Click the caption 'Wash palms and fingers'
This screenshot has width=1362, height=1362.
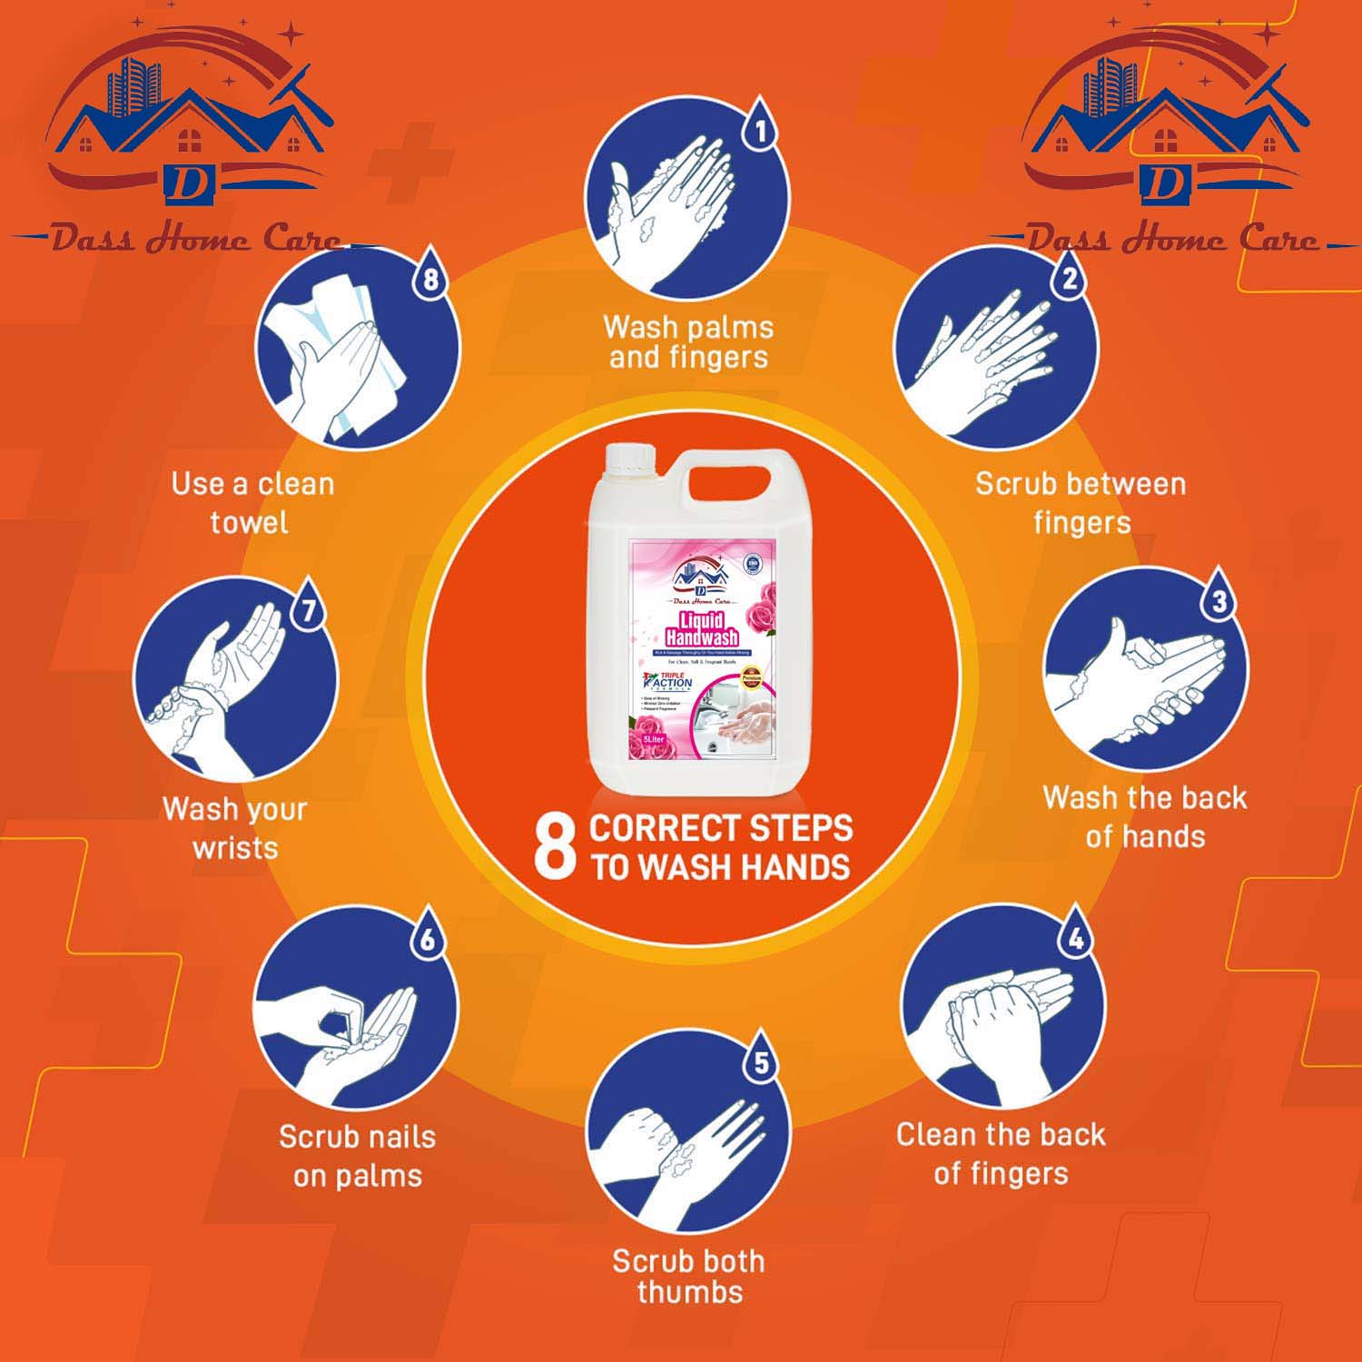(688, 342)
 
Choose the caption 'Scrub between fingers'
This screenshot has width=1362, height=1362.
(1081, 502)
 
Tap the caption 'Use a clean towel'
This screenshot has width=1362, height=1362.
(252, 502)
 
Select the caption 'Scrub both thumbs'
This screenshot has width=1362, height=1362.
(688, 1276)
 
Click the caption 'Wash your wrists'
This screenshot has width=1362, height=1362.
(235, 827)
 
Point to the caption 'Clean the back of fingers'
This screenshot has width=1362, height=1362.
(1001, 1153)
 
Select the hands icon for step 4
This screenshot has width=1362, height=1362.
(1003, 1017)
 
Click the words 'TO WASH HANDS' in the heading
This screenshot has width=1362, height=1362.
(721, 867)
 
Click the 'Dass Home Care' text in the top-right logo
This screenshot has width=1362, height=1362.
(1171, 240)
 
